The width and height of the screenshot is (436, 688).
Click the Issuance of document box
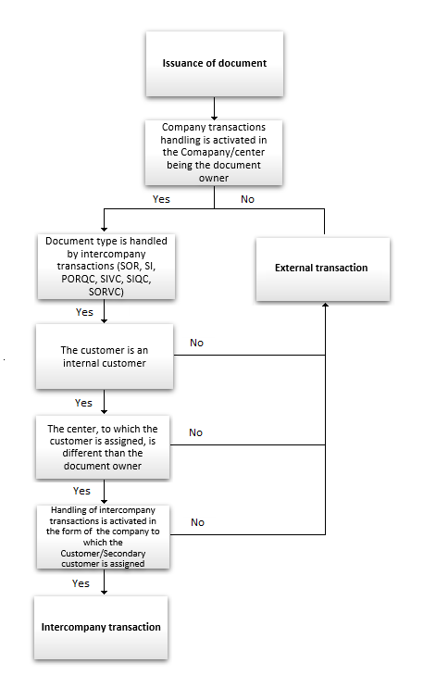coord(215,64)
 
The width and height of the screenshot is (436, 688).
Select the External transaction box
coord(321,269)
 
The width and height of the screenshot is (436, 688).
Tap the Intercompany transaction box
coord(102,627)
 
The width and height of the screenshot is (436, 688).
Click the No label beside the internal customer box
coord(197,343)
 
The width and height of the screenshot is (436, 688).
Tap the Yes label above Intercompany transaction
coord(81,583)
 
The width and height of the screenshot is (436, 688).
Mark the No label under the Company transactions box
coord(247,198)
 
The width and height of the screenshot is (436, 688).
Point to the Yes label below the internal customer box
coord(83,403)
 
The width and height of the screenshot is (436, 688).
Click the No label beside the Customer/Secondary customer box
coord(197,522)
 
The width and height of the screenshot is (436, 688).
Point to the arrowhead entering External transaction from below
coord(324,306)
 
